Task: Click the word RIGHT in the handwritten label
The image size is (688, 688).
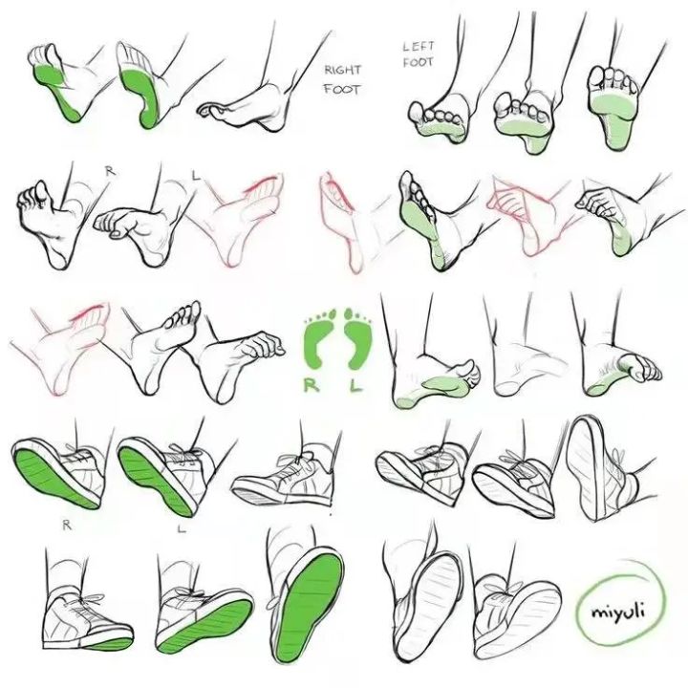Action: coord(343,70)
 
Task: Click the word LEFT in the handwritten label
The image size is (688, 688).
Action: coord(419,46)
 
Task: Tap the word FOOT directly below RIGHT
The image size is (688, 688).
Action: coord(342,90)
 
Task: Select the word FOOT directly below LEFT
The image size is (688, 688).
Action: coord(419,62)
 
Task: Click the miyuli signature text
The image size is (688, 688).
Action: coord(618,611)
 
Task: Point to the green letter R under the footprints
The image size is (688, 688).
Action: coord(312,385)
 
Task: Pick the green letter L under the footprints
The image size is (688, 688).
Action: coord(355,385)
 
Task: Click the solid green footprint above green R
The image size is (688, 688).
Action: coord(320,337)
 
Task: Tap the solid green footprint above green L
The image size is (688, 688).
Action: coord(357,337)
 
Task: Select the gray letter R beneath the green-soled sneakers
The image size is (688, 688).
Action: coord(67,525)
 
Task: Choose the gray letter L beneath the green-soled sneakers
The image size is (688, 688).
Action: coord(182,528)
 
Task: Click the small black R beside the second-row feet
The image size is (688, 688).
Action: coord(111,171)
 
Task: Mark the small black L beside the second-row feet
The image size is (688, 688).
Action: coord(196,177)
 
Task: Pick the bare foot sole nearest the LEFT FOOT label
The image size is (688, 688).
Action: coord(439,120)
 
